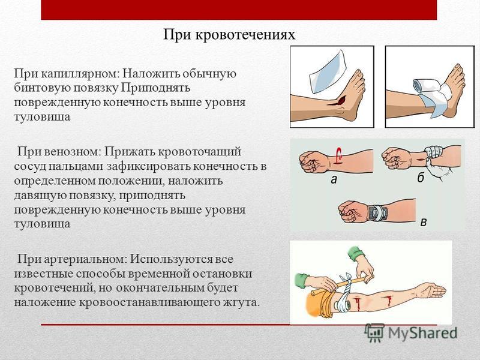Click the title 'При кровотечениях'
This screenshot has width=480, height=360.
(x=229, y=34)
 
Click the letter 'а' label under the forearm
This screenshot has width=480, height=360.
(x=334, y=179)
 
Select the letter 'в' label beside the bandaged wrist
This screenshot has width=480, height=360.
(x=424, y=221)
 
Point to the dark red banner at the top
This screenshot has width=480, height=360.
(x=239, y=10)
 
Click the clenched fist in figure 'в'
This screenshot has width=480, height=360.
(x=351, y=212)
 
